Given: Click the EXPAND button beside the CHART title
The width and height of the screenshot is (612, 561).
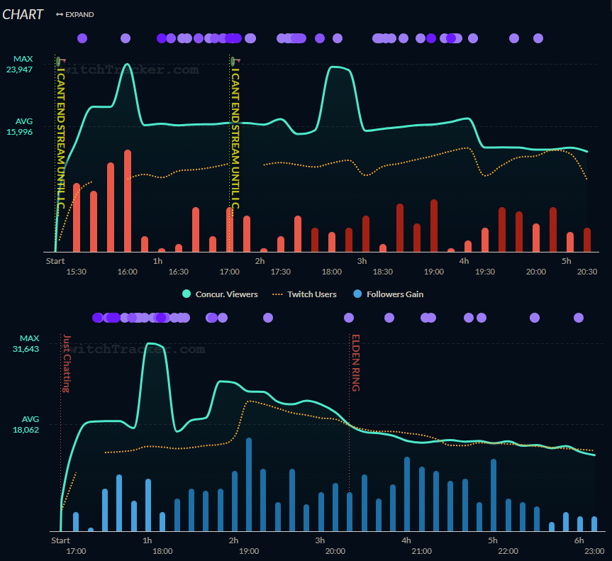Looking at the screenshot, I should click(74, 14).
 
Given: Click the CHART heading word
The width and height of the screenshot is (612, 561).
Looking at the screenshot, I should click(23, 14).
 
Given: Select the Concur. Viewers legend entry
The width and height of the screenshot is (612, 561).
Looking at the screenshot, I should click(220, 294).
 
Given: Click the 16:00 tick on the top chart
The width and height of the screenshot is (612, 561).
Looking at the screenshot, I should click(128, 272).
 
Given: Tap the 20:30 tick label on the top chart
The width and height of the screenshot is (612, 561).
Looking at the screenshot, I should click(587, 272).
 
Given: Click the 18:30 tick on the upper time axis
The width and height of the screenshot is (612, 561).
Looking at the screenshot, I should click(383, 272).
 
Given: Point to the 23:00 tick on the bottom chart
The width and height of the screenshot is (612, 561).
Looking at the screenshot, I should click(594, 551).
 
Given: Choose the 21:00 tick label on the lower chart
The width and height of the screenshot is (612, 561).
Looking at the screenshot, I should click(421, 551).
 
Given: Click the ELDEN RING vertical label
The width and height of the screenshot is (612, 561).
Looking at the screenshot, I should click(356, 362).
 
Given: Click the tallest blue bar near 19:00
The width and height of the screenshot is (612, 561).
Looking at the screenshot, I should click(249, 484).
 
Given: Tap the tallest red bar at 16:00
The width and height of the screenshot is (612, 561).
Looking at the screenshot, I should click(128, 201).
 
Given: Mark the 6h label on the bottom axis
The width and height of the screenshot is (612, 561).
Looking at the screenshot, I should click(579, 540).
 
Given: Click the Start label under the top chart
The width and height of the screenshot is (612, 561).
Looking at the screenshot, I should click(55, 261).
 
